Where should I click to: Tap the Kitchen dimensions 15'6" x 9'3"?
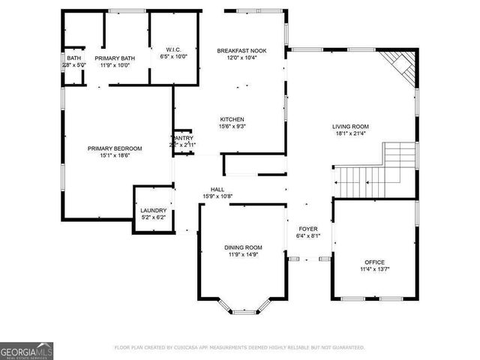(x=232, y=127)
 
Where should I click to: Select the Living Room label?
(x=350, y=127)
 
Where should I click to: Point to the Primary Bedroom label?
(x=115, y=148)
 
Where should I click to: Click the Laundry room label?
(x=153, y=211)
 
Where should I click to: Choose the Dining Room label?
(x=243, y=247)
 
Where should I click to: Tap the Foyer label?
(x=308, y=228)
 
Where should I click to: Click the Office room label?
(x=374, y=262)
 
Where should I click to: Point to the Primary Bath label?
(x=115, y=58)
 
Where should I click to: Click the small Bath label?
(x=73, y=58)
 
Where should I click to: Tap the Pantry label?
(x=184, y=138)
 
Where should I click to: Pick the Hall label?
(x=217, y=189)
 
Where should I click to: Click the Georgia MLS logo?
(x=27, y=350)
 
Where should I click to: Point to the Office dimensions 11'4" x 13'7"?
(x=374, y=268)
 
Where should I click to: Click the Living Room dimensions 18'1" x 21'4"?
(x=350, y=133)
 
